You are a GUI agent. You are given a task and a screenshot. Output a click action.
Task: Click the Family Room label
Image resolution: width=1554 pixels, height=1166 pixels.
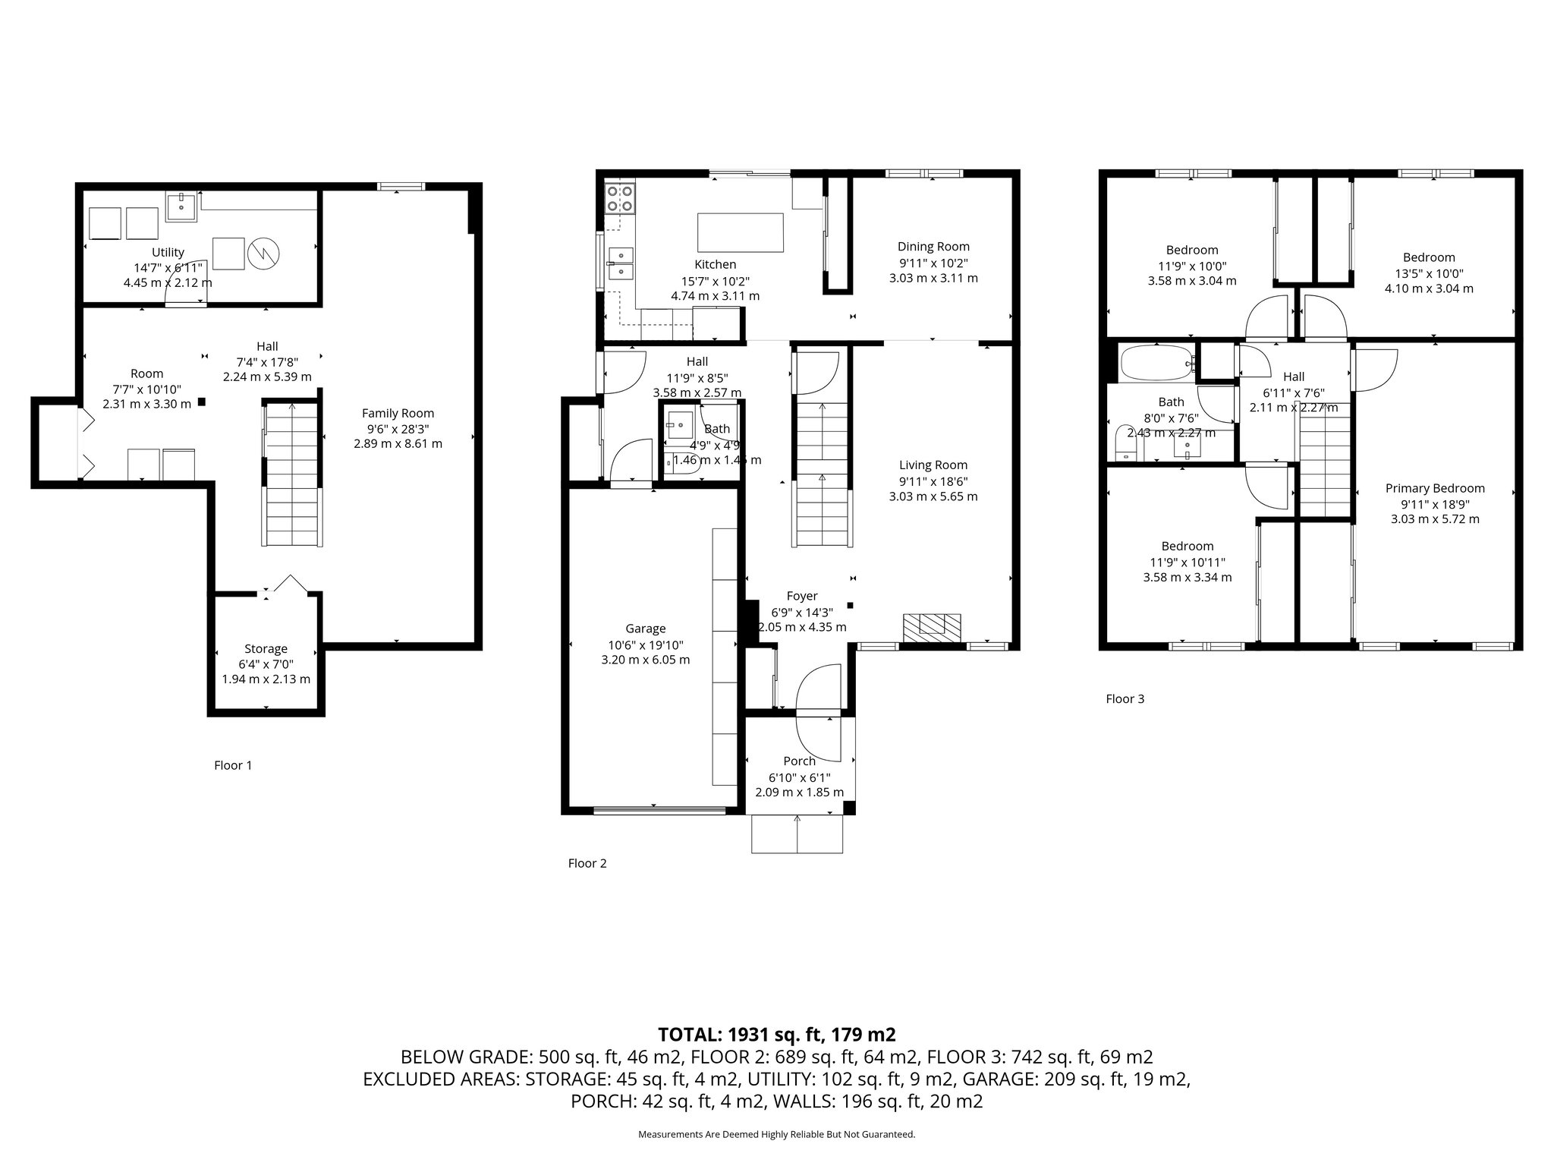coord(398,413)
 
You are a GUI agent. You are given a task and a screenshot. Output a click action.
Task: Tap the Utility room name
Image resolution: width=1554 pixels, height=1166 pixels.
coord(168,252)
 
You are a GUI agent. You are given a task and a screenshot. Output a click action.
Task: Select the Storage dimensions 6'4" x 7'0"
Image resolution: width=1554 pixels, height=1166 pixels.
coord(266,664)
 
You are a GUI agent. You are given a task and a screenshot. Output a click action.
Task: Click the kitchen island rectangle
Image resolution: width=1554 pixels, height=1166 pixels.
coord(740,232)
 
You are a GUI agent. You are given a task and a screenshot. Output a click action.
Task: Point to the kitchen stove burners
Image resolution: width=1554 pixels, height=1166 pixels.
coord(619,199)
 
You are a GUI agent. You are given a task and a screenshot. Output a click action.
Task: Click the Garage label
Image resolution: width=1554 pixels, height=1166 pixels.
coord(645,629)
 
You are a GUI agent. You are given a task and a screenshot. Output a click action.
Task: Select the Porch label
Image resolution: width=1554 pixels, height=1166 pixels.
coord(799,761)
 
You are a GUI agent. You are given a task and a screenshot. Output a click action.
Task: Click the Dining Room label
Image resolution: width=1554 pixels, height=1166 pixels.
coord(933,246)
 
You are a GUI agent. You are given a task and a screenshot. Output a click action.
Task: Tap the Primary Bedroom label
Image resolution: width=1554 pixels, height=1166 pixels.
coord(1434,488)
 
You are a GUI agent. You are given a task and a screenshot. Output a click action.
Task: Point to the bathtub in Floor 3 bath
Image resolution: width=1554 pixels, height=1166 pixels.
coord(1156,364)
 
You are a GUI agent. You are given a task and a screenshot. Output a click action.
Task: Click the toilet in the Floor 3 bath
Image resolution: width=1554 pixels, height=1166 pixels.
coord(1125,443)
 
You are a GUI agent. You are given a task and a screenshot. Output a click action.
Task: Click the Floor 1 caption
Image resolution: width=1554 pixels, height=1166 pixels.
coord(232,765)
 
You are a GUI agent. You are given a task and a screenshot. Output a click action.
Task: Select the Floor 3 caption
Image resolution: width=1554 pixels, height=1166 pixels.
coord(1125,699)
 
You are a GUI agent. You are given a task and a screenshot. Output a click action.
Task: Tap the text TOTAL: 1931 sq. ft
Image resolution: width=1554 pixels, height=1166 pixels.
coord(777,1034)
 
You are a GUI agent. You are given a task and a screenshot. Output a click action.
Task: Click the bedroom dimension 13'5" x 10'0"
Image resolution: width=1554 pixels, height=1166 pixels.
coord(1429,273)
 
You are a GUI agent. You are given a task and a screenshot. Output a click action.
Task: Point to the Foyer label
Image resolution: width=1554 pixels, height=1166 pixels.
coord(801,596)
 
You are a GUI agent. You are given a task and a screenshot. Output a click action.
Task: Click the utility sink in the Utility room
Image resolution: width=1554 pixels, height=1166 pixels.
coord(181,206)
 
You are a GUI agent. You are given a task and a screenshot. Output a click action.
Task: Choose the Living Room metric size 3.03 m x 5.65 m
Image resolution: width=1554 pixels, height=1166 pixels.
coord(933,496)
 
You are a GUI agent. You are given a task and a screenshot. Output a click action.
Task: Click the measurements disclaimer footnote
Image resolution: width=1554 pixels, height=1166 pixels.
coord(777,1135)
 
